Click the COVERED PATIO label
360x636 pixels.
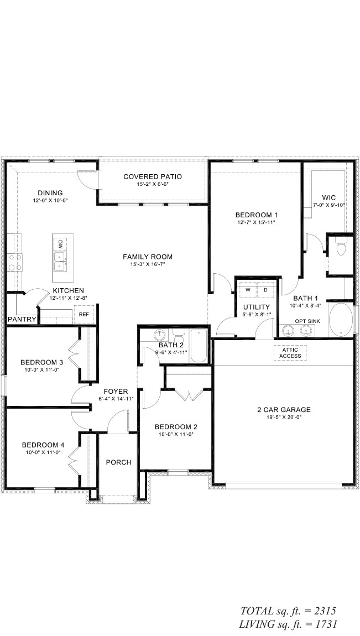tap(153, 176)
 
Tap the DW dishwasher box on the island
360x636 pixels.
tap(60, 244)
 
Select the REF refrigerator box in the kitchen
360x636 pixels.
tap(84, 314)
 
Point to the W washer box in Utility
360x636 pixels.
tap(247, 290)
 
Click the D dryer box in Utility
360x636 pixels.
tap(266, 290)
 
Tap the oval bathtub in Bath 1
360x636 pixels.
tap(341, 320)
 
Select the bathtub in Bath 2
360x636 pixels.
tap(199, 346)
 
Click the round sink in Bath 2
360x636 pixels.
tap(160, 335)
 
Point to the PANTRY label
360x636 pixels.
tap(22, 320)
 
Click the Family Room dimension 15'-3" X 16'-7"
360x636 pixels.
tap(148, 264)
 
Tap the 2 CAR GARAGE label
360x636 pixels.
tap(284, 410)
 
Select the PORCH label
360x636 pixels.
tap(118, 462)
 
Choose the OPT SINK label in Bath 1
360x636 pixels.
tap(307, 321)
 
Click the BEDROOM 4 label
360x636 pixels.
tap(41, 445)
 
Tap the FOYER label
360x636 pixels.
tap(116, 392)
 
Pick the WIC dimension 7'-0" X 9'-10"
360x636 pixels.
tap(329, 205)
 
